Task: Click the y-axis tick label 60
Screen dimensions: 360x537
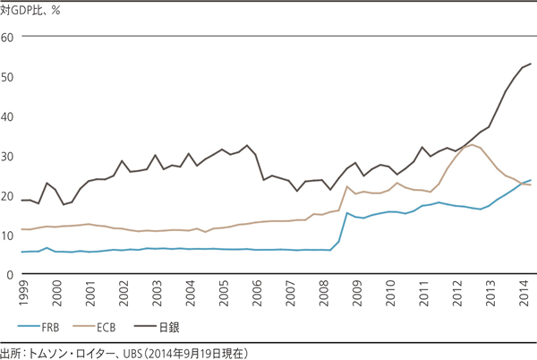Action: point(8,37)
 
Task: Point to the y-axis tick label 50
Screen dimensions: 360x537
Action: point(8,77)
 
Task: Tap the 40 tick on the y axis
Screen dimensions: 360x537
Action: point(8,116)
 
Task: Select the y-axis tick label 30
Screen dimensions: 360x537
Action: point(8,157)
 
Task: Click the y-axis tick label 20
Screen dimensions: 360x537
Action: point(8,197)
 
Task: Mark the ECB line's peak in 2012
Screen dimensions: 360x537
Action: point(472,144)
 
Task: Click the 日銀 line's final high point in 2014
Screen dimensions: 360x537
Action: point(531,64)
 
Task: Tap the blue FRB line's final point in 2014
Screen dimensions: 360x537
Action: point(531,180)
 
